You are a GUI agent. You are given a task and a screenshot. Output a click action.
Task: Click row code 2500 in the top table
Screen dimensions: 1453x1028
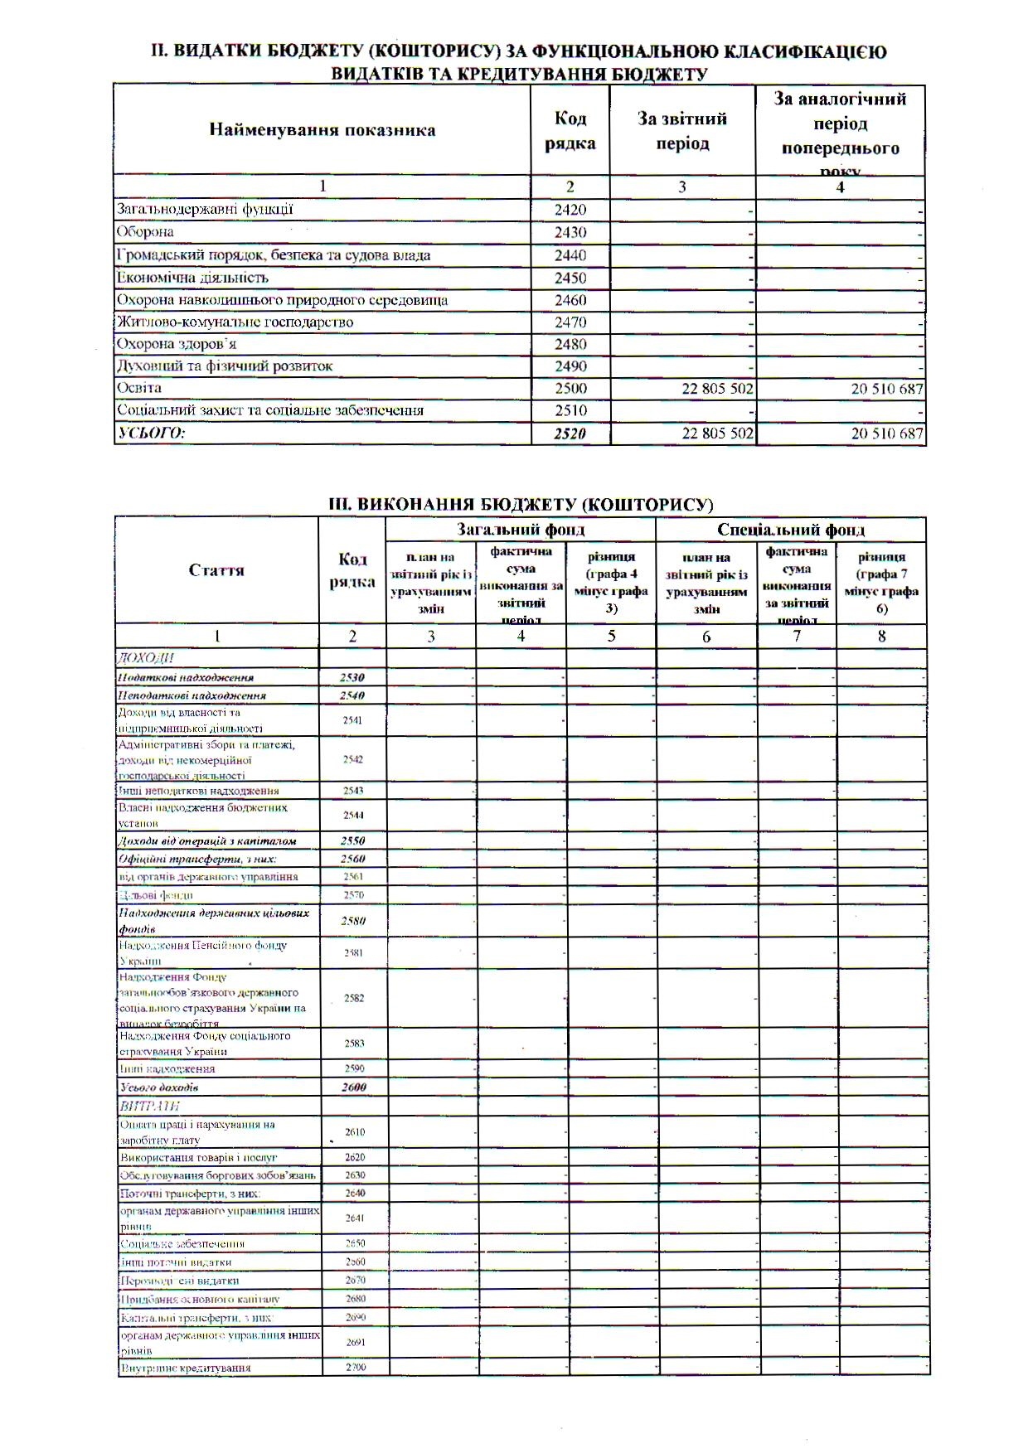(x=570, y=388)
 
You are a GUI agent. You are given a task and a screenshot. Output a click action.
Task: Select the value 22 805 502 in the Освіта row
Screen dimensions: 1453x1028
(x=717, y=389)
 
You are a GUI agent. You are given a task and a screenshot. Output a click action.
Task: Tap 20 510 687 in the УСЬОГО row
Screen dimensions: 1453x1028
(x=886, y=433)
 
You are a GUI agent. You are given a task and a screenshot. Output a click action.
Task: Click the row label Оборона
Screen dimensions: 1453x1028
(x=145, y=232)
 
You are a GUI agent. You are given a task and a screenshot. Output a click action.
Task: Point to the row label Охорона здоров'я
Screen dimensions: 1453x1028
(x=176, y=344)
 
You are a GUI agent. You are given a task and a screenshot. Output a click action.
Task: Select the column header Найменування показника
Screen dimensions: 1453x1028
(x=322, y=130)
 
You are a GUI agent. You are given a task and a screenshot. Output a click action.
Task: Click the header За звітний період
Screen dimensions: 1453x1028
(x=682, y=131)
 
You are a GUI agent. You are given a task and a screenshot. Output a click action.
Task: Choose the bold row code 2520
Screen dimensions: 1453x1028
(x=570, y=433)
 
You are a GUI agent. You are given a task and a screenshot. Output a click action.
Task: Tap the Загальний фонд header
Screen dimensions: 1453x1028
(x=521, y=529)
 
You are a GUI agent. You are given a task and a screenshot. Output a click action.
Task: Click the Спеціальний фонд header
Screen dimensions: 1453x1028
(x=790, y=529)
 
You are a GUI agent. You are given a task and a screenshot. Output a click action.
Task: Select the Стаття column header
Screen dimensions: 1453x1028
(x=216, y=570)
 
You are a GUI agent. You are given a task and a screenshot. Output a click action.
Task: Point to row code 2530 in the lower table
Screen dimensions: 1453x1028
(x=352, y=677)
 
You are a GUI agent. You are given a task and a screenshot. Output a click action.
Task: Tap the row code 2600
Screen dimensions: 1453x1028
(x=353, y=1087)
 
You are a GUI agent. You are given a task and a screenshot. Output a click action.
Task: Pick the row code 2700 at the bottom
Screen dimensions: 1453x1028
(x=355, y=1367)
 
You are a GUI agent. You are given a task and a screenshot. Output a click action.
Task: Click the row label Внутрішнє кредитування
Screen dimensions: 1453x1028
(x=185, y=1367)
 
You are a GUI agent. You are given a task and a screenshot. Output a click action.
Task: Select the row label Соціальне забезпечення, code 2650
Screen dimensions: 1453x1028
(x=182, y=1243)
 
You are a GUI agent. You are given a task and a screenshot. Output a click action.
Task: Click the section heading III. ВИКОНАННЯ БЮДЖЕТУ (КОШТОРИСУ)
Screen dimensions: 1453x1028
(x=521, y=504)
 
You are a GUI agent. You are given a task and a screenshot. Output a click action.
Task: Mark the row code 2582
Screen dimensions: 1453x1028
(x=354, y=998)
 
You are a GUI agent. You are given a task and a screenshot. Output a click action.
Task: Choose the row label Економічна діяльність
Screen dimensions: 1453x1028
(x=192, y=278)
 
